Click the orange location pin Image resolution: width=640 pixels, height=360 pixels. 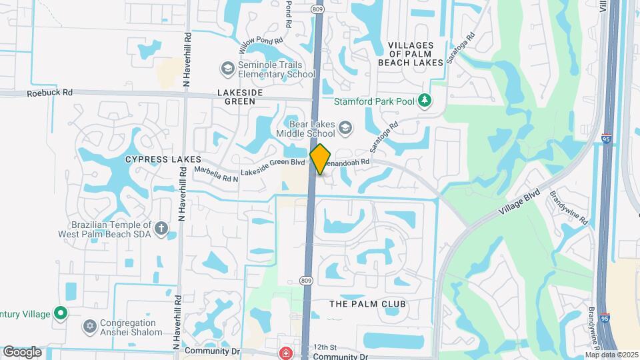(x=321, y=159)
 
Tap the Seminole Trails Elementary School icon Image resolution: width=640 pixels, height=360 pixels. (x=227, y=69)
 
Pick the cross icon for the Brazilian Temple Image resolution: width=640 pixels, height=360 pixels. (x=161, y=229)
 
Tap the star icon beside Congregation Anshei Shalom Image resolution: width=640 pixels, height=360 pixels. (x=90, y=327)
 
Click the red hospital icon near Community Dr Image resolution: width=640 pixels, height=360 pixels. (x=286, y=353)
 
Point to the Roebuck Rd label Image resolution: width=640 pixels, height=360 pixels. (x=50, y=94)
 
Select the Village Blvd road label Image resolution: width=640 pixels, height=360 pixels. (x=518, y=201)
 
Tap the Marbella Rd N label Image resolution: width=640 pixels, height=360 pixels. (x=216, y=174)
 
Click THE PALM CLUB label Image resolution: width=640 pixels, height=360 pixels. (x=367, y=304)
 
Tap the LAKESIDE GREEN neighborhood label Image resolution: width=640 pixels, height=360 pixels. (x=235, y=97)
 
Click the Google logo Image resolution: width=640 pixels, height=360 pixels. (x=22, y=351)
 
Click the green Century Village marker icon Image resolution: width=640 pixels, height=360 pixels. (x=61, y=313)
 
